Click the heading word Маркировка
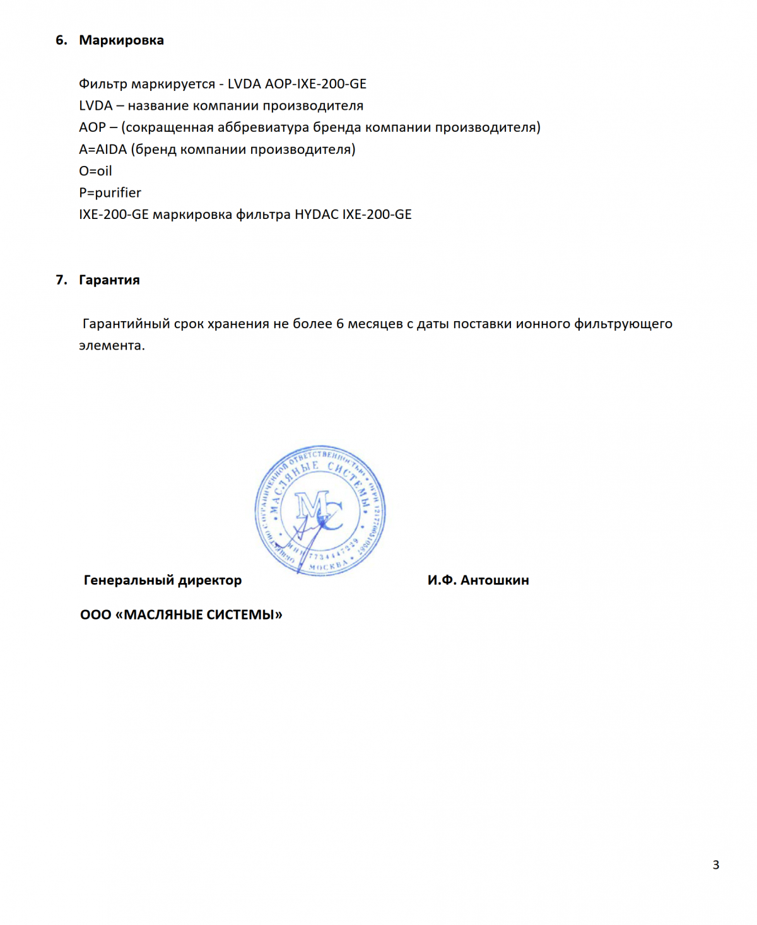[121, 40]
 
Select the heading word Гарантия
[109, 280]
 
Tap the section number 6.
[61, 40]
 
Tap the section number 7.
[61, 280]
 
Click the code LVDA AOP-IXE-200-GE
[296, 84]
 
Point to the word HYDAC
[316, 215]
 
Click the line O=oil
[95, 171]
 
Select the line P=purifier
[110, 193]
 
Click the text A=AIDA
[103, 150]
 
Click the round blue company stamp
[320, 510]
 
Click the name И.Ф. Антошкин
[478, 580]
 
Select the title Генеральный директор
[163, 580]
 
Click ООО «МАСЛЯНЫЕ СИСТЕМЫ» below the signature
[181, 615]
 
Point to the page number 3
[716, 865]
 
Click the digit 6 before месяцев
[340, 324]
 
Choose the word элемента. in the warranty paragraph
[112, 346]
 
